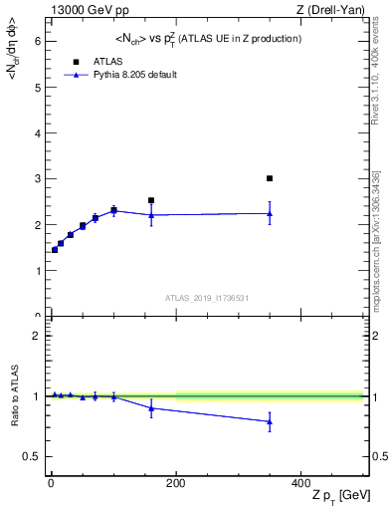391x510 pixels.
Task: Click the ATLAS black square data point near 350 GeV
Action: click(x=270, y=178)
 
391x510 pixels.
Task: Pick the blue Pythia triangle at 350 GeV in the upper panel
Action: click(x=270, y=213)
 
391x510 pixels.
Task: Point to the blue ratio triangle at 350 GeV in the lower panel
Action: click(x=270, y=421)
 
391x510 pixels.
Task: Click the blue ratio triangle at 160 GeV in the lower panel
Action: click(x=151, y=407)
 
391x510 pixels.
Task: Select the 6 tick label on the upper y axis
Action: click(x=37, y=41)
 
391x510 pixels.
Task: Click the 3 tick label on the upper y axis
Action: click(x=37, y=179)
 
